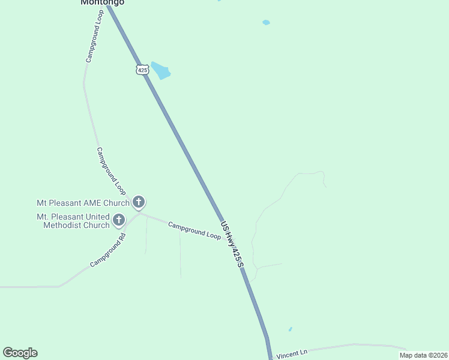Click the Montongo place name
(x=103, y=2)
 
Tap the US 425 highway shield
(x=142, y=70)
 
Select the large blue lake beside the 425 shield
(x=161, y=71)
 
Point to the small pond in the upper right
(x=266, y=23)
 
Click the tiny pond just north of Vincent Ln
(x=290, y=329)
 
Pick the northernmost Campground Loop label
(x=95, y=36)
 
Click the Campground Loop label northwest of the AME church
(x=110, y=171)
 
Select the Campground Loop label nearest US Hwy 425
(x=194, y=230)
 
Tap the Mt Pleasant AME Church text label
(x=83, y=203)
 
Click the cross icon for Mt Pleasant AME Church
(x=139, y=202)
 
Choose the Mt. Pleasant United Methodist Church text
(x=73, y=221)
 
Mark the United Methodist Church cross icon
(x=119, y=220)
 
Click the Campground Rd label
(x=108, y=251)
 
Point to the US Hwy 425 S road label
(x=232, y=245)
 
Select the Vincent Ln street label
(x=292, y=353)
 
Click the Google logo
(x=20, y=353)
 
